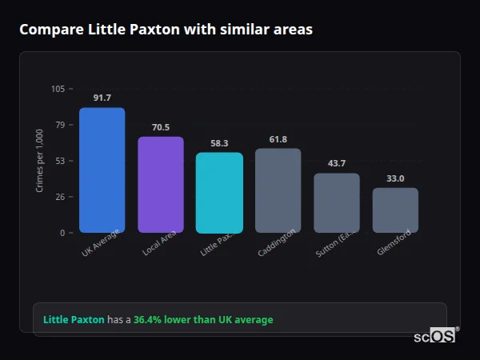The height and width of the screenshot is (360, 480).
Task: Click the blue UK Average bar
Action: coord(102,170)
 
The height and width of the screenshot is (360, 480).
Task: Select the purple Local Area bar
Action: coord(161,185)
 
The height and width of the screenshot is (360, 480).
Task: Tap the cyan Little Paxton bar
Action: coord(219,193)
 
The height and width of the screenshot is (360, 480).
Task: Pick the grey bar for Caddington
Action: coord(278,190)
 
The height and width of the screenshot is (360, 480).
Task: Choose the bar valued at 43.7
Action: coord(337,202)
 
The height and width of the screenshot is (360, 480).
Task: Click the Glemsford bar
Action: coord(395,210)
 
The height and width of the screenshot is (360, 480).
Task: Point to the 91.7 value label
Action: coord(102,98)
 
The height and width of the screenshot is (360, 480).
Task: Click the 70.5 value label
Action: coord(161,126)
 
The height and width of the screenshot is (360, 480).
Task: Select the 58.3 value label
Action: coord(219,143)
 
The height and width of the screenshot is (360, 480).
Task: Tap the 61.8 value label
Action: coord(278,139)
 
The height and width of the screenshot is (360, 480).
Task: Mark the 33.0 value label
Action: coord(395,178)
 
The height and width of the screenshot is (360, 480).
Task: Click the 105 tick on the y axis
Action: coord(58,89)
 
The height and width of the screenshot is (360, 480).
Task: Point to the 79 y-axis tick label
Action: coord(60,125)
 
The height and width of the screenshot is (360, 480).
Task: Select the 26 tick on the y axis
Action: coord(60,197)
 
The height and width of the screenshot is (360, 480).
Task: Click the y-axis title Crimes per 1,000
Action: coord(40,161)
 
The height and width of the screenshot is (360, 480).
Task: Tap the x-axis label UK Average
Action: coord(100,243)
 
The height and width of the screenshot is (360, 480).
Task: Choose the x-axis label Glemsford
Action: coord(394,242)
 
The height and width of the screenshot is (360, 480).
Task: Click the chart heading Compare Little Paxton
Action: coord(166,30)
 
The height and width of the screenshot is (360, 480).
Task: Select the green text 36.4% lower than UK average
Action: coord(203,319)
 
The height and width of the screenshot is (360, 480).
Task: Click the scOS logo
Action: coord(435,336)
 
